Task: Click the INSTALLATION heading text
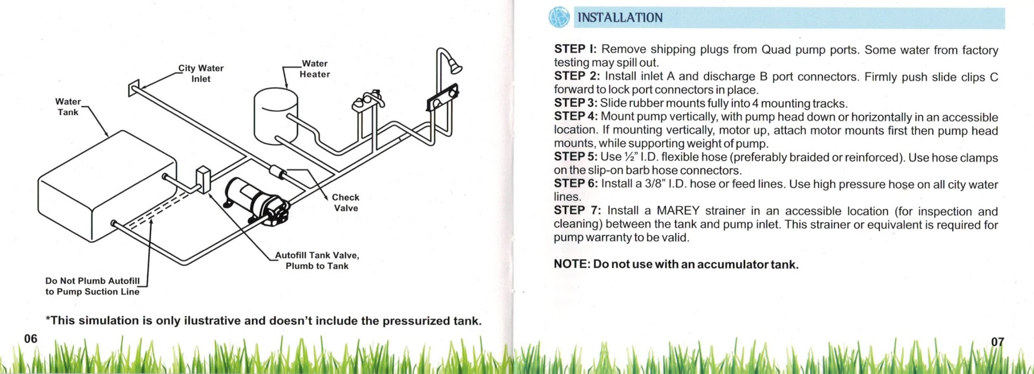[620, 17]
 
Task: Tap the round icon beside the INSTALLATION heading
[559, 17]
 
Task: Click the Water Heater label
[315, 69]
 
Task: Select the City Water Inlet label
[201, 73]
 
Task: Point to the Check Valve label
[346, 203]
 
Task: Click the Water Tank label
[68, 107]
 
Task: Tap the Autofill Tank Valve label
[317, 260]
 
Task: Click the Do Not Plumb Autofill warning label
[92, 286]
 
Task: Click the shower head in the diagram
[454, 65]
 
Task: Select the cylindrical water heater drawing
[275, 116]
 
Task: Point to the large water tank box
[107, 187]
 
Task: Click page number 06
[31, 338]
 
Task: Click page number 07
[998, 342]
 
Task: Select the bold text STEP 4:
[576, 116]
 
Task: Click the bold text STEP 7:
[577, 211]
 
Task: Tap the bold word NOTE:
[572, 264]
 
